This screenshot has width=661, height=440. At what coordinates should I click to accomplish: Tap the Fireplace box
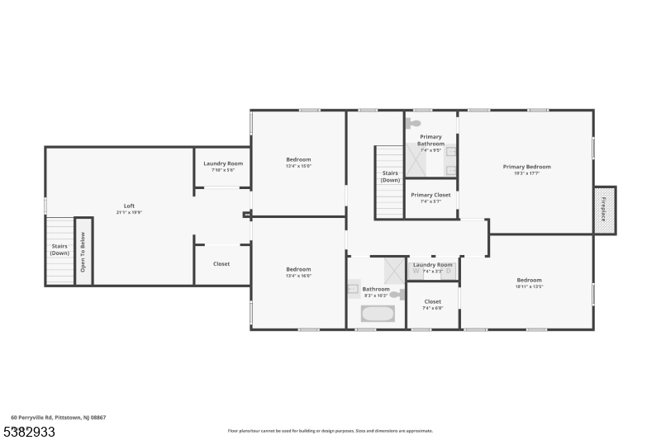pyautogui.click(x=604, y=210)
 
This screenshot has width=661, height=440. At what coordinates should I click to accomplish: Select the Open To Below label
pyautogui.click(x=83, y=252)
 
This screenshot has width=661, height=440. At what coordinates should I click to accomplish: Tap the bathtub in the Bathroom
pyautogui.click(x=378, y=314)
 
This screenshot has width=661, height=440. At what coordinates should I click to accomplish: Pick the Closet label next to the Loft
pyautogui.click(x=221, y=264)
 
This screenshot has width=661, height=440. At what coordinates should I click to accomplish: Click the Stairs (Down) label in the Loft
pyautogui.click(x=59, y=249)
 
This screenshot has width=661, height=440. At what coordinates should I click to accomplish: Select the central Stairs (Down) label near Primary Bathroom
pyautogui.click(x=390, y=176)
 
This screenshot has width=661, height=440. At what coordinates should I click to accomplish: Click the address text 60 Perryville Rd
pyautogui.click(x=58, y=418)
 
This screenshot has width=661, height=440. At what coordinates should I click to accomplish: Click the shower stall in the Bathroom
pyautogui.click(x=393, y=270)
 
